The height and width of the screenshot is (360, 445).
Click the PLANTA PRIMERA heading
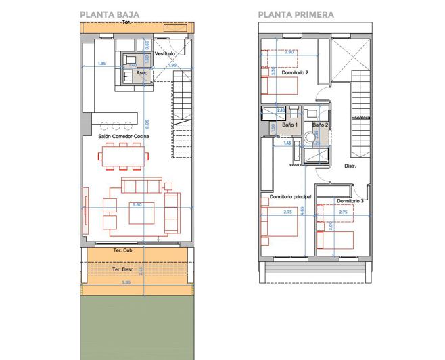coord(296,14)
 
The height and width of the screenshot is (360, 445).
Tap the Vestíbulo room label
coord(165,53)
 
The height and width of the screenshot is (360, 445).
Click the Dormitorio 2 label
coord(295,72)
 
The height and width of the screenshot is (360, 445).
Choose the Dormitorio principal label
coord(290,196)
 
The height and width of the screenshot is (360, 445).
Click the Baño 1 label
coord(289,125)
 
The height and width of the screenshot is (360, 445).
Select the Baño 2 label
coord(320,125)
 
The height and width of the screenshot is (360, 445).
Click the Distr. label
coord(350,166)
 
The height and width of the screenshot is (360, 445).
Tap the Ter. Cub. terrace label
coord(122,250)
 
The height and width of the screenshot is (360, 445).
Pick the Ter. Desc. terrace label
coord(123,269)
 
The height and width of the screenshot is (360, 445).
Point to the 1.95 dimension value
coord(101,64)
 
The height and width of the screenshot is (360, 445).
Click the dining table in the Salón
coord(123,158)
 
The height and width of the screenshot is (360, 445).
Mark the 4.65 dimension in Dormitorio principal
coord(302,210)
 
